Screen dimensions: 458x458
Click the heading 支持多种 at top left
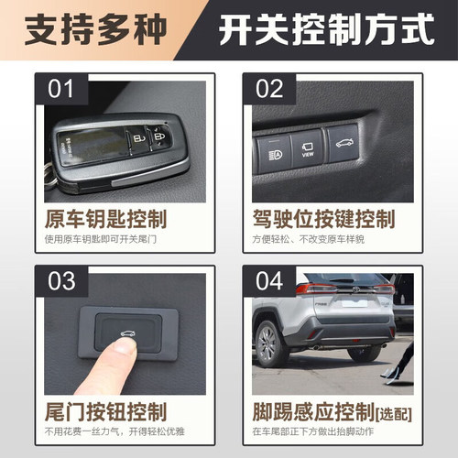(x=99, y=30)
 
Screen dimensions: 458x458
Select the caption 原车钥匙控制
(x=105, y=220)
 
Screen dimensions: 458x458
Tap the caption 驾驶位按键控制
(x=323, y=220)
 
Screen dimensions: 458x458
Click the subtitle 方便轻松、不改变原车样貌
(x=313, y=240)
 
